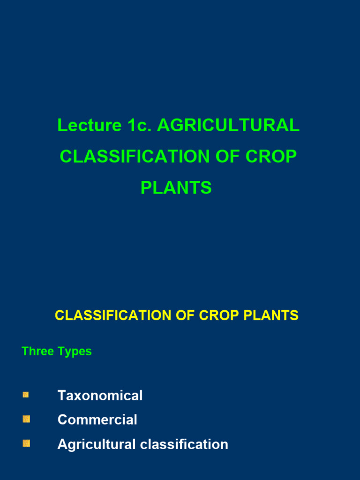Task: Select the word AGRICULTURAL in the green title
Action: point(228,126)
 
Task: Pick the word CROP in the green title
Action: point(271,157)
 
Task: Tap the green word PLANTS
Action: point(176,188)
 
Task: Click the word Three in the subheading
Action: point(37,352)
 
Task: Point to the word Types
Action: point(75,352)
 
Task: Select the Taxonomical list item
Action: point(100,396)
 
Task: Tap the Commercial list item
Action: point(97,420)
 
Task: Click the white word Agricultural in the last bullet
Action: point(97,444)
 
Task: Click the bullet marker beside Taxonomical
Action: point(26,395)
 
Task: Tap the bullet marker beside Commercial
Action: point(26,419)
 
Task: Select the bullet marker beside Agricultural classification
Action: point(26,443)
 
